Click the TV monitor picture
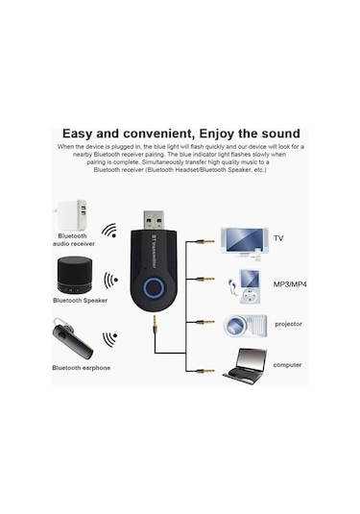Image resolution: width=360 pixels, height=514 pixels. point(241,240)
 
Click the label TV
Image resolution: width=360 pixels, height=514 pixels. point(278,238)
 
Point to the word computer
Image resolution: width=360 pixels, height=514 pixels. point(287,364)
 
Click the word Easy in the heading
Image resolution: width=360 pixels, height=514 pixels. point(81,133)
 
